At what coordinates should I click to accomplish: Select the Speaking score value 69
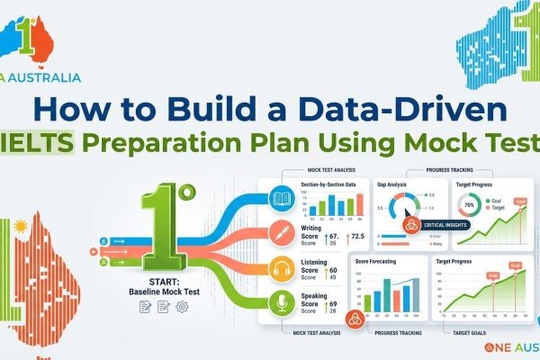pos(334,305)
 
